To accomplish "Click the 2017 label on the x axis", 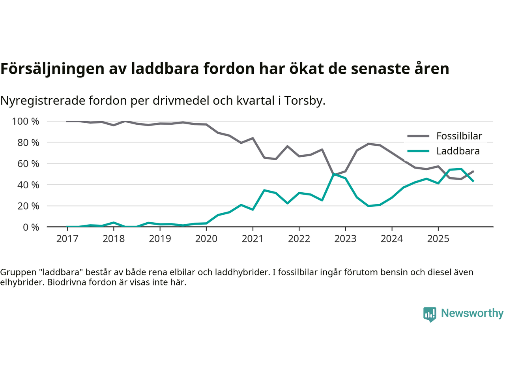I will tap(67, 239).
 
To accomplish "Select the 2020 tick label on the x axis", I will tap(206, 239).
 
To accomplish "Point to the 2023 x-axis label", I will tap(345, 239).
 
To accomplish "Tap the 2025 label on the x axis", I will tap(438, 239).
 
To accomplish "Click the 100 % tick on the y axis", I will tap(26, 122).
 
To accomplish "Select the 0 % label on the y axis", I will tap(31, 227).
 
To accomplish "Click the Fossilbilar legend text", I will tap(459, 136).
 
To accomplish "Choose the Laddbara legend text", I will tap(458, 151).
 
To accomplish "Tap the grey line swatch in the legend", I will tap(418, 136).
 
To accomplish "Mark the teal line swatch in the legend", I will tap(418, 151).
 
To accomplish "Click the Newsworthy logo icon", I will tap(430, 314).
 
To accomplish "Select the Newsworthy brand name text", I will tap(472, 313).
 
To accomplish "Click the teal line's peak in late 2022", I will tap(334, 174).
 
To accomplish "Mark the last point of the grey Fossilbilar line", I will tap(473, 171).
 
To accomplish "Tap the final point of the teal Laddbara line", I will tap(473, 181).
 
